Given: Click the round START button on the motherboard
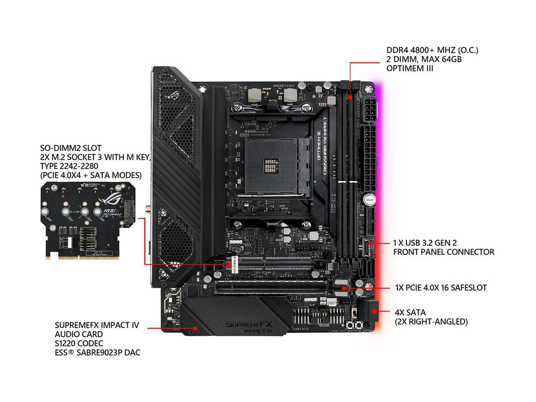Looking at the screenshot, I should tap(369, 199).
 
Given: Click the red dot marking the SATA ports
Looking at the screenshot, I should tap(374, 311).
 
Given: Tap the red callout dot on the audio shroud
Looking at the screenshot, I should tap(195, 329).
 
